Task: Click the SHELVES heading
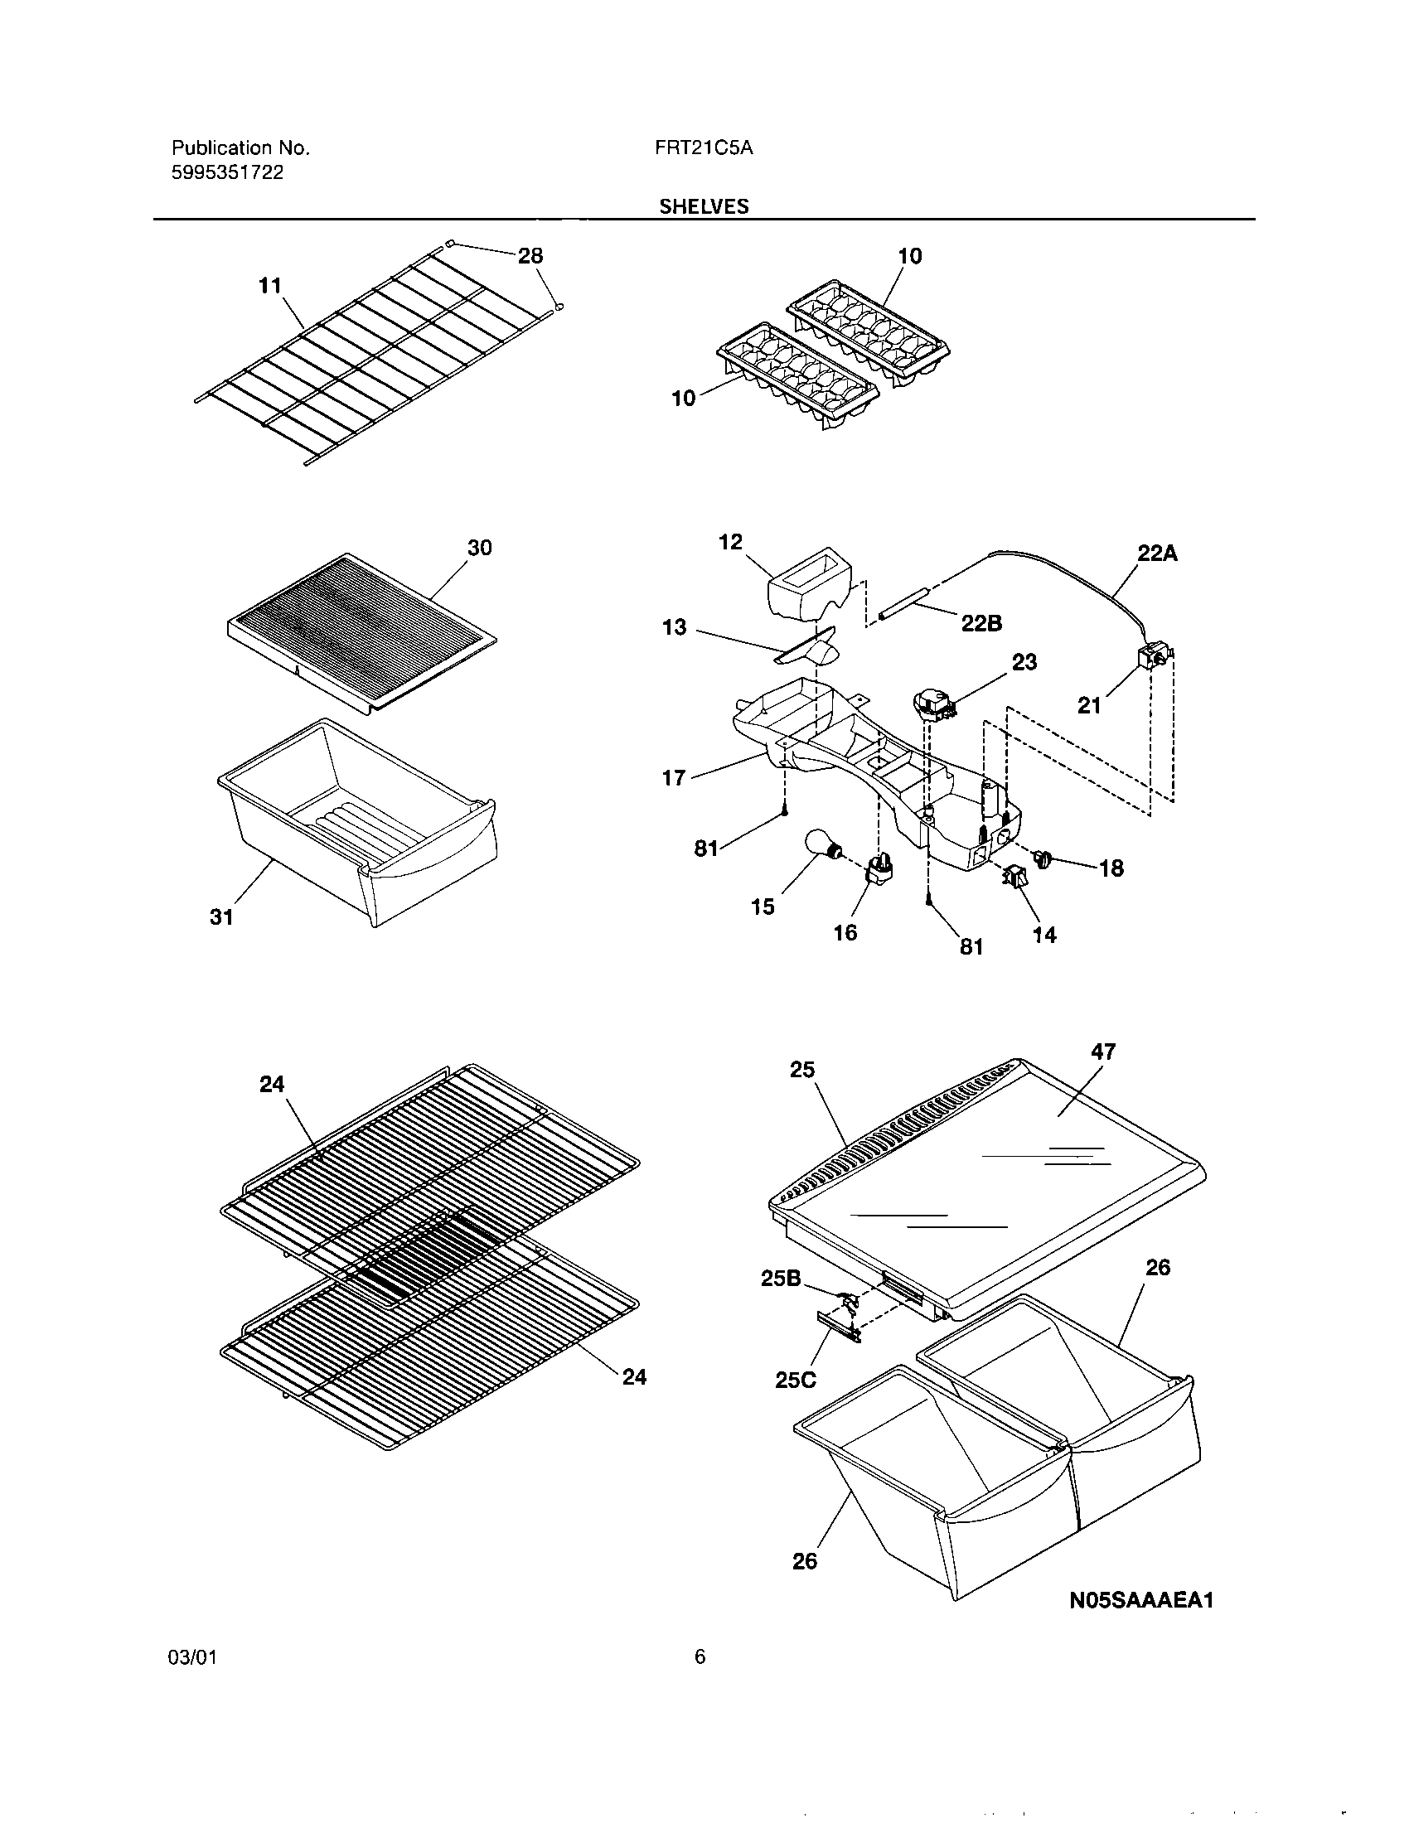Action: [704, 207]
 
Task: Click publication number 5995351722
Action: [227, 173]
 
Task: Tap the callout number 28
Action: [530, 255]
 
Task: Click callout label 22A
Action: [1157, 554]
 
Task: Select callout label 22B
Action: [980, 622]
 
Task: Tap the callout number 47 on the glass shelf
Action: [1102, 1052]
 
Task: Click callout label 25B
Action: [781, 1278]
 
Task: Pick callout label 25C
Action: [795, 1380]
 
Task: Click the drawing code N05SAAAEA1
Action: [1141, 1600]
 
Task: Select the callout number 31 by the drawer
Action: [221, 917]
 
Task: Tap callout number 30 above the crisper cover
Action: [479, 548]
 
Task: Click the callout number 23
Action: [1024, 662]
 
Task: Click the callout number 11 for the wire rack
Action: [269, 286]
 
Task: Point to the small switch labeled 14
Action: [1015, 878]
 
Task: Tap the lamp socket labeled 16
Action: [879, 873]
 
